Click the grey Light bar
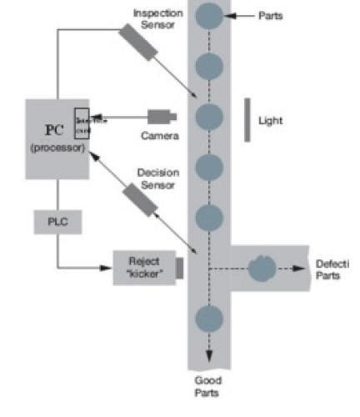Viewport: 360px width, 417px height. click(247, 119)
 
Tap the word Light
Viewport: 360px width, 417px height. click(271, 121)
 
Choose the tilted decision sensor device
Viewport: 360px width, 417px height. click(137, 199)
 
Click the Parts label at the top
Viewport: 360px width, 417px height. click(270, 16)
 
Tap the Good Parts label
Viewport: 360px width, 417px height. click(207, 385)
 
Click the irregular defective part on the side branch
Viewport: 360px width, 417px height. click(262, 268)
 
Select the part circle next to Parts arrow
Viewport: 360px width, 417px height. click(209, 15)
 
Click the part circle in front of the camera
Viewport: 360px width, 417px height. click(209, 116)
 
